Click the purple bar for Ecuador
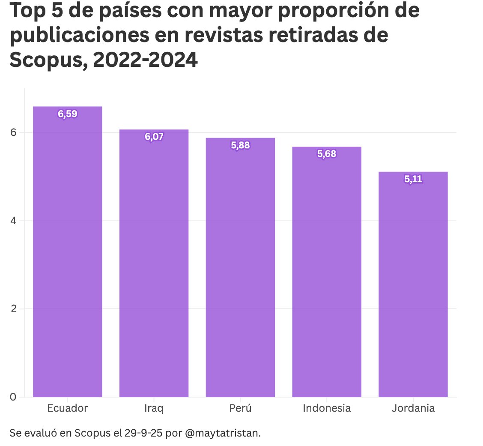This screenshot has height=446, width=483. click(68, 257)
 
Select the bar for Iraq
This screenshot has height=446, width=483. click(154, 266)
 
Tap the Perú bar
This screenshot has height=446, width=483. click(240, 270)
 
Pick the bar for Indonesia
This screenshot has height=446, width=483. click(327, 274)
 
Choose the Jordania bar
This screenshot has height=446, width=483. click(413, 287)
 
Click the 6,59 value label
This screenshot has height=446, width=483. click(68, 114)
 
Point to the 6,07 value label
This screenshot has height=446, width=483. click(154, 137)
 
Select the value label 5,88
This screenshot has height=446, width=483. click(240, 145)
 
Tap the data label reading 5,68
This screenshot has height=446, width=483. click(327, 154)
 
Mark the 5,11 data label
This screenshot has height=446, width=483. click(413, 179)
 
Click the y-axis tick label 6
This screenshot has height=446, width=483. click(13, 133)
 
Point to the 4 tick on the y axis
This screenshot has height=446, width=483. click(13, 221)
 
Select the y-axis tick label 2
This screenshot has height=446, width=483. click(13, 309)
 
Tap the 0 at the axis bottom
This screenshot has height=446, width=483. click(13, 397)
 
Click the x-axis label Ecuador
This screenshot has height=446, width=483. click(68, 408)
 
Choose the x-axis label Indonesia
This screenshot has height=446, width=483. click(327, 408)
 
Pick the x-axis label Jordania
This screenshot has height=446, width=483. click(413, 408)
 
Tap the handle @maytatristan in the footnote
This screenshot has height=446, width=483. click(223, 433)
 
